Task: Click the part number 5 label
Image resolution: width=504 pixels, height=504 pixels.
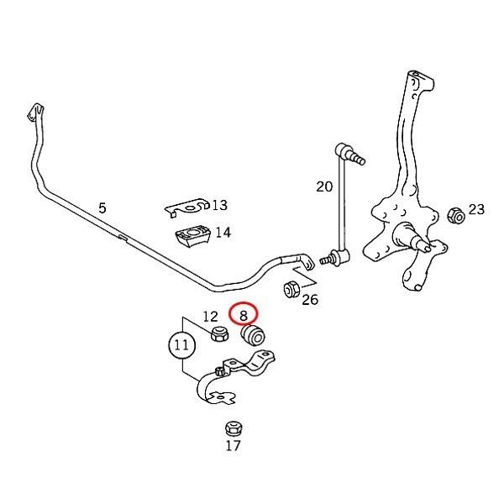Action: (x=102, y=207)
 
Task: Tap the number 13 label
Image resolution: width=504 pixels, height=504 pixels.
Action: (x=220, y=205)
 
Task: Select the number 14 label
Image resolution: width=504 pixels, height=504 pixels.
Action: (x=223, y=234)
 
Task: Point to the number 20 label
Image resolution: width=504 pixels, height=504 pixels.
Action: (x=324, y=186)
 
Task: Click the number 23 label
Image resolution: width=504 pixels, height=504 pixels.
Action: (x=476, y=209)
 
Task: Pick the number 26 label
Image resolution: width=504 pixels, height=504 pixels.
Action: (x=310, y=299)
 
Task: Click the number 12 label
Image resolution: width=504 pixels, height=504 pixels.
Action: (x=210, y=317)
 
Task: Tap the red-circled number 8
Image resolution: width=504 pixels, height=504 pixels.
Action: (x=244, y=315)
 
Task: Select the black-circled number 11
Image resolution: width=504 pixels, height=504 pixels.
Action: (x=180, y=345)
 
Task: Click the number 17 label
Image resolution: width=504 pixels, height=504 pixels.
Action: (x=233, y=446)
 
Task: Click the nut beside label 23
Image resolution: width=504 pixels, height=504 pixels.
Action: (x=454, y=215)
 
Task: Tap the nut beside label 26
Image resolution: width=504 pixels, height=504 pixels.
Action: (x=292, y=290)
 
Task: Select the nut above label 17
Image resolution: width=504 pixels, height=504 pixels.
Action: (x=233, y=428)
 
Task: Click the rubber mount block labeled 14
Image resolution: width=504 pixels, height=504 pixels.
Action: (x=193, y=236)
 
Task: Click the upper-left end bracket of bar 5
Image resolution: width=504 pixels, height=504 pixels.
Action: (x=34, y=112)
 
